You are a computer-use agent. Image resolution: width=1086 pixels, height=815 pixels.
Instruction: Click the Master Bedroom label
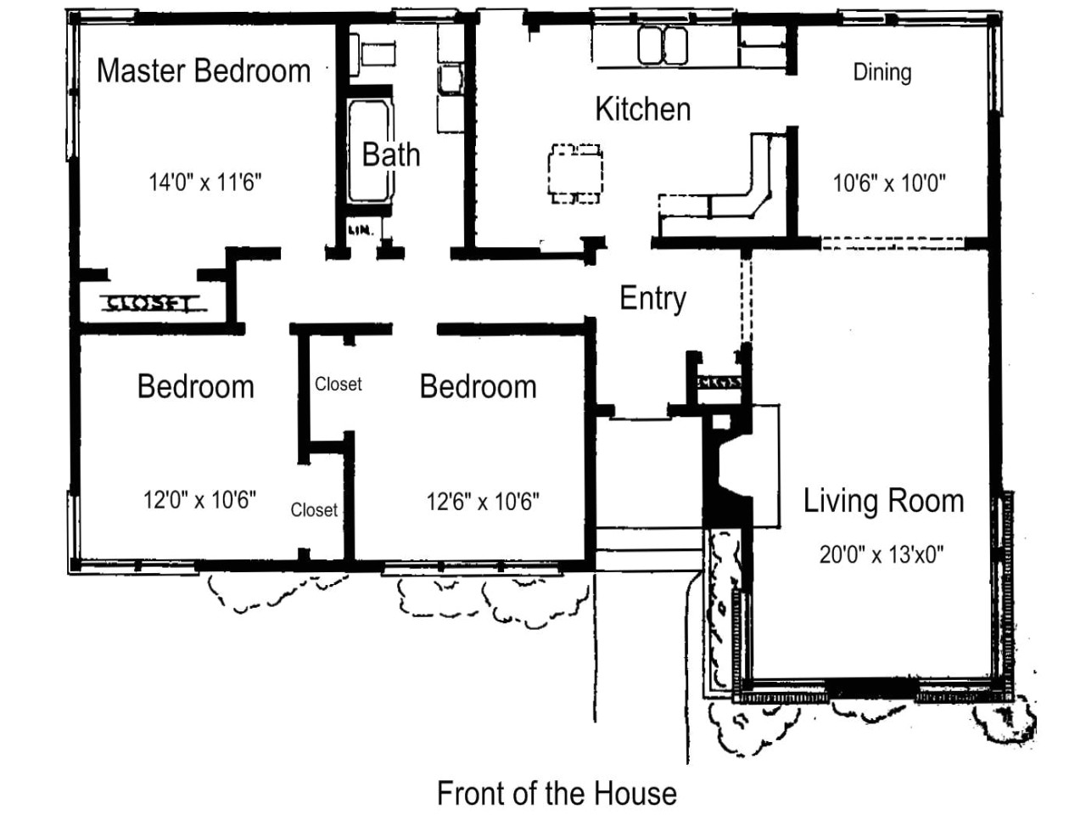(x=204, y=70)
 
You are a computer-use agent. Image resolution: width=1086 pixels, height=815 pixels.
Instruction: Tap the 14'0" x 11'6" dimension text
(x=204, y=182)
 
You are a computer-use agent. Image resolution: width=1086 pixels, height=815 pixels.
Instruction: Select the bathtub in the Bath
(x=369, y=150)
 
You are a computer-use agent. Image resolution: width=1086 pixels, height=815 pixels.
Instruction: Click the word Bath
(x=391, y=155)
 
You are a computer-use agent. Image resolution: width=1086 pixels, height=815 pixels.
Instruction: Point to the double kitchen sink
(x=663, y=44)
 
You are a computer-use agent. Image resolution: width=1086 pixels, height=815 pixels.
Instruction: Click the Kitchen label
(x=642, y=109)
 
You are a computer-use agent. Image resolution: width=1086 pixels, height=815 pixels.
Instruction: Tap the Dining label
(x=882, y=72)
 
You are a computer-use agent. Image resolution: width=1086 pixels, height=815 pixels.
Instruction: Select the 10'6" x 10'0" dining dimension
(x=889, y=183)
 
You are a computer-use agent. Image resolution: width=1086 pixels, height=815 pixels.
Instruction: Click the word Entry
(x=652, y=298)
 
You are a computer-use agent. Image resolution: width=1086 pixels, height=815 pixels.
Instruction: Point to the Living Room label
(x=883, y=501)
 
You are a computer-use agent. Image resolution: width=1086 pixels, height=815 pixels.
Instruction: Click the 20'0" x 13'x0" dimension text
(x=882, y=554)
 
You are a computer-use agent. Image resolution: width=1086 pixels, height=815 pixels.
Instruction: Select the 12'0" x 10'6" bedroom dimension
(x=199, y=499)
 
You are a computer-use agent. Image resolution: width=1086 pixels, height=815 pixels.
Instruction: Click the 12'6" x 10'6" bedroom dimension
(x=483, y=502)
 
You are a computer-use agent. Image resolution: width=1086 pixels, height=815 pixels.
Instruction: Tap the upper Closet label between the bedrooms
(x=338, y=385)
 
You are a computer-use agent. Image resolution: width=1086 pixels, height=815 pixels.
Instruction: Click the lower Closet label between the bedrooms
(x=314, y=509)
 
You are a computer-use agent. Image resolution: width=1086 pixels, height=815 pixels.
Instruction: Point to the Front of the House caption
(x=557, y=793)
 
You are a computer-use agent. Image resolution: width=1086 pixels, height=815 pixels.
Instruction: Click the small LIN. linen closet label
(x=358, y=230)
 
